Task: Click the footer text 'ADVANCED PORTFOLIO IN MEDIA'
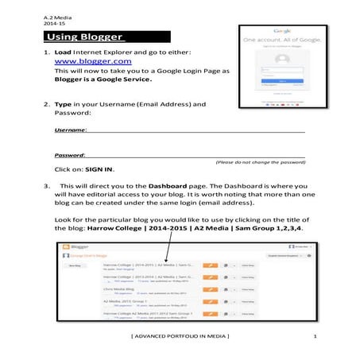pyautogui.click(x=180, y=339)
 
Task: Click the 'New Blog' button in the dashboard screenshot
pyautogui.click(x=75, y=266)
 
